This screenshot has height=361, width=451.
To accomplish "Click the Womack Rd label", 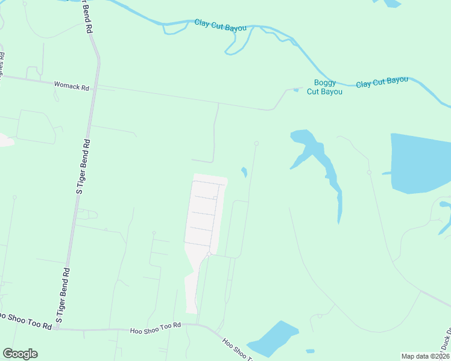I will [x=71, y=85].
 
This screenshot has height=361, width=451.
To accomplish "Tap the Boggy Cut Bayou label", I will [x=324, y=87].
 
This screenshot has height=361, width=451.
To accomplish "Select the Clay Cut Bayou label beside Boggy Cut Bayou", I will [x=382, y=82].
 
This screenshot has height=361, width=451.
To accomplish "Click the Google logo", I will [x=20, y=354].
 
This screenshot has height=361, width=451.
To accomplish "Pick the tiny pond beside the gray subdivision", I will [x=244, y=172].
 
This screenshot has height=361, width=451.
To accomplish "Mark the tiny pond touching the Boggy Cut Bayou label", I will [x=295, y=90].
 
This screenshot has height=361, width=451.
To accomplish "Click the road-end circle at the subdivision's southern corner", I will [x=209, y=255].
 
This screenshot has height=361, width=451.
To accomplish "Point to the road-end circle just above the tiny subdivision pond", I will [x=256, y=143].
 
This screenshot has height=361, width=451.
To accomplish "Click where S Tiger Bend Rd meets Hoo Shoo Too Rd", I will [x=66, y=330].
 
